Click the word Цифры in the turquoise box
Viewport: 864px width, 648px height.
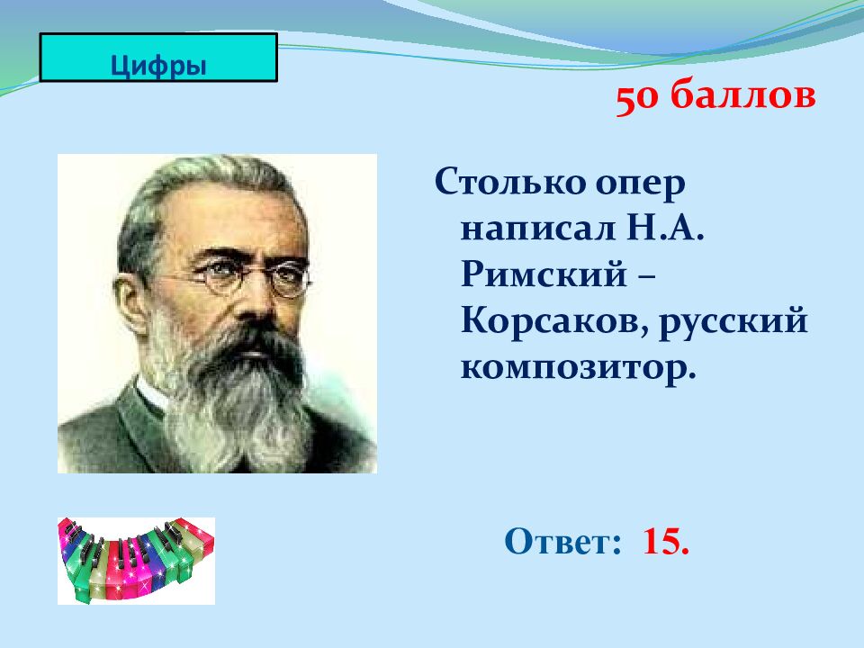[x=158, y=66]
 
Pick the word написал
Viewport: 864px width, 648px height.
[x=537, y=228]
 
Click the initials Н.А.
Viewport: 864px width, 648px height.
[x=665, y=227]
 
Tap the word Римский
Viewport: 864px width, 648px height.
[x=544, y=273]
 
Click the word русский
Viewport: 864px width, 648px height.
[x=733, y=322]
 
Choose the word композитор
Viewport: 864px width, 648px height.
[x=578, y=367]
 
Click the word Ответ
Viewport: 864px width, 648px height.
[x=562, y=541]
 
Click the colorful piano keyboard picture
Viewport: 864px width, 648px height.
[x=136, y=561]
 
